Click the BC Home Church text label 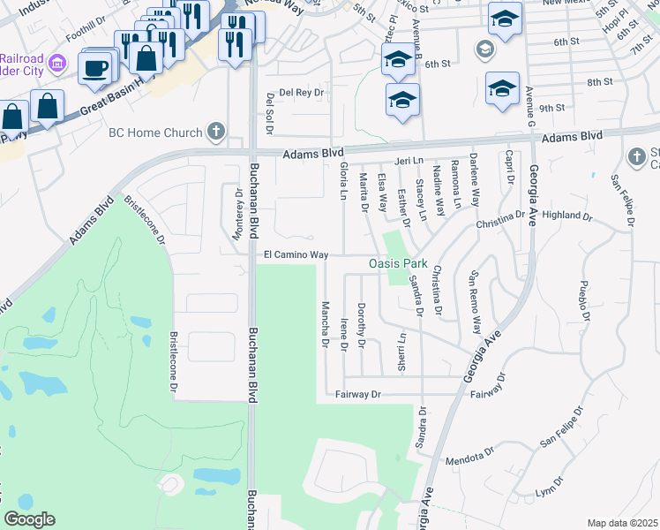point(154,132)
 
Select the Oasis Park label point(397,263)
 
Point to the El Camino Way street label point(296,254)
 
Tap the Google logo point(29,519)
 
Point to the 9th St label point(551,108)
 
